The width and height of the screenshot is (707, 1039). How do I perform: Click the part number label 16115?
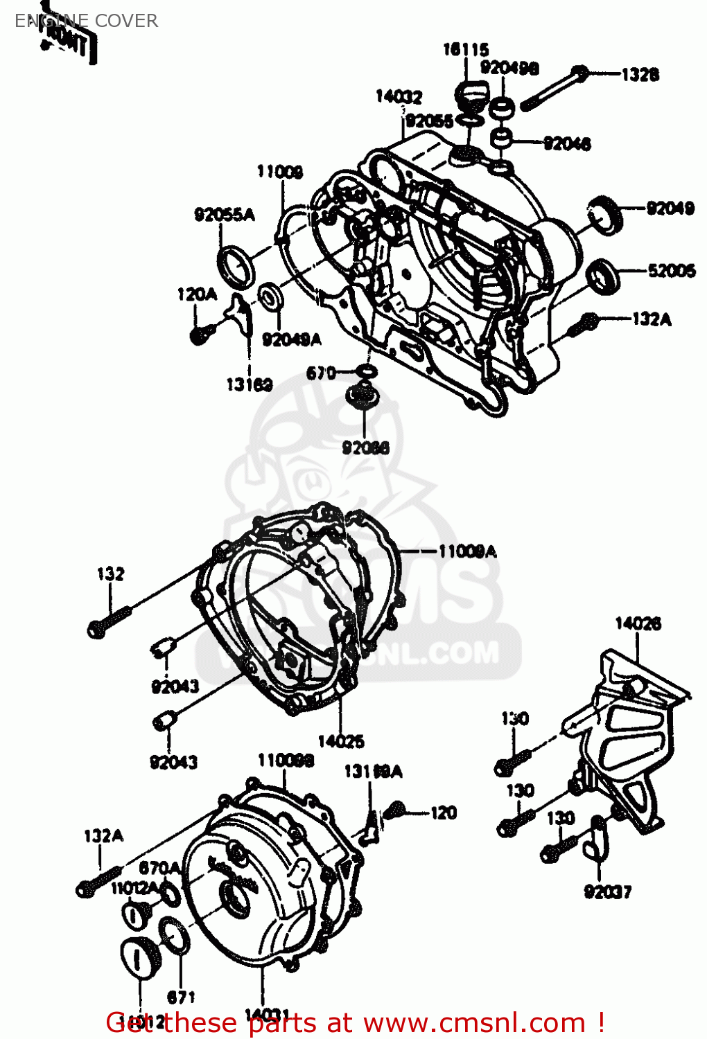[x=466, y=49]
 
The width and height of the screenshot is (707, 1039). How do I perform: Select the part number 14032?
[x=399, y=96]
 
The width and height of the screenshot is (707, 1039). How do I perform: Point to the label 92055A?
[x=224, y=215]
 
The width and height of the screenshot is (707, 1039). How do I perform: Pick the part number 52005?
[x=671, y=270]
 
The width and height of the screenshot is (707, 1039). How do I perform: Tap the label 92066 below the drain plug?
[x=365, y=447]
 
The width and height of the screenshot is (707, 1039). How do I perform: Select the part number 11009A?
[x=467, y=551]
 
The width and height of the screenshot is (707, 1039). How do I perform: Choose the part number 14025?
[x=340, y=741]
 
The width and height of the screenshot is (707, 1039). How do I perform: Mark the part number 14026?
[x=638, y=623]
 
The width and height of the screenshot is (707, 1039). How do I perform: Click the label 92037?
[x=607, y=891]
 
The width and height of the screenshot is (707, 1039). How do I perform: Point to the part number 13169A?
[x=373, y=771]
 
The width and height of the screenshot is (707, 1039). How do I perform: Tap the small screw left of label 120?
[x=396, y=809]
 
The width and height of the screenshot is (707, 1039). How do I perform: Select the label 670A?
[x=159, y=868]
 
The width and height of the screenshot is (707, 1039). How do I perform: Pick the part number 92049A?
[x=291, y=339]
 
